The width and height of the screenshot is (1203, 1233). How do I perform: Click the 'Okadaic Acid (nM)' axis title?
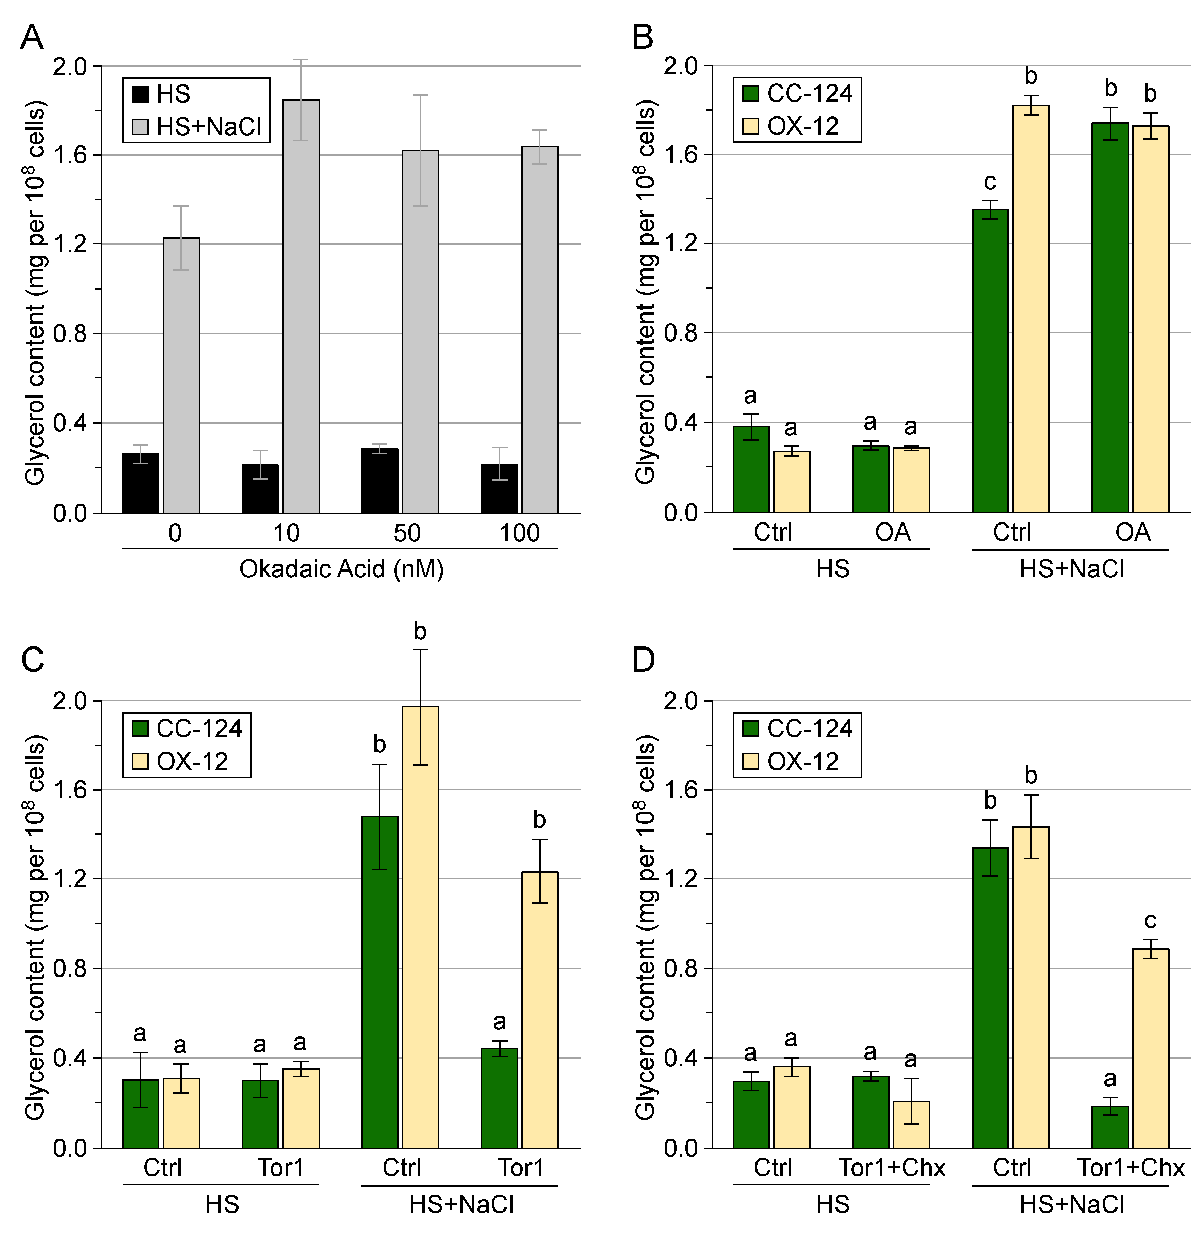pyautogui.click(x=341, y=569)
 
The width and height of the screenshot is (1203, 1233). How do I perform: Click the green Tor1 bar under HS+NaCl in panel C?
pyautogui.click(x=499, y=1097)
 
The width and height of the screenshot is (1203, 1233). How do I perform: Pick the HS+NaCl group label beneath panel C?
pyautogui.click(x=461, y=1204)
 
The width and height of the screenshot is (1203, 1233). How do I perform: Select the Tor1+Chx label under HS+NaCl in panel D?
pyautogui.click(x=1131, y=1168)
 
